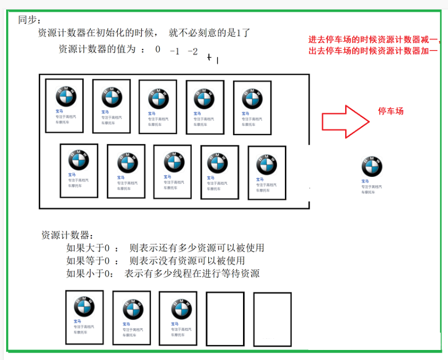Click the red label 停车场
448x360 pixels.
coord(391,111)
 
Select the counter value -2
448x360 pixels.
coord(192,51)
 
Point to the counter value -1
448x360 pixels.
coord(174,51)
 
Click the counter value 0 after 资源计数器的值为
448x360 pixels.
coord(158,49)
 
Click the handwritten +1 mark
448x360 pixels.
coord(213,57)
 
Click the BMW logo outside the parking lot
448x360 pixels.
coord(372,166)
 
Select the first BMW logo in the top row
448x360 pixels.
coord(65,96)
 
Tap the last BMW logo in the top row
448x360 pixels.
coord(252,98)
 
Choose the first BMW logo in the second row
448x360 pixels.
coord(78,161)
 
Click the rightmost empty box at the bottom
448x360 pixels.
coord(272,319)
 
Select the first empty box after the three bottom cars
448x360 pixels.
coord(225,319)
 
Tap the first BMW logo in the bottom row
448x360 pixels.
coord(84,306)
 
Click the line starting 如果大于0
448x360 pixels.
coord(165,248)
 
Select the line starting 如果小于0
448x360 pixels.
coord(163,273)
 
